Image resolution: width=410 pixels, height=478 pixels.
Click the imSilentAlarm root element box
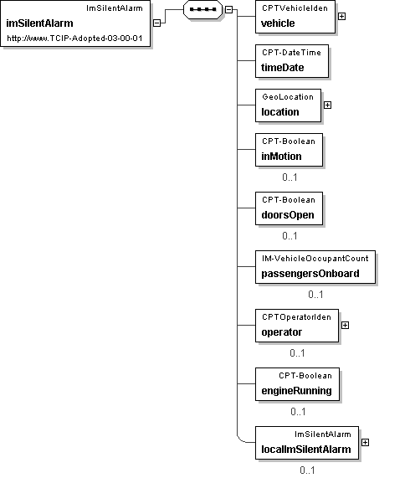(x=75, y=23)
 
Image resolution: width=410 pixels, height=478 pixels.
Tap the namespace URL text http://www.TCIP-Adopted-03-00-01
(x=74, y=39)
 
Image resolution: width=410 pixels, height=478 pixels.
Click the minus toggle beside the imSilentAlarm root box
(x=156, y=23)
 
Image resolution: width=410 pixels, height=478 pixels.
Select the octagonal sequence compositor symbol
(x=202, y=9)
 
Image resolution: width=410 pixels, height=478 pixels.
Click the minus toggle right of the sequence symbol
(x=228, y=9)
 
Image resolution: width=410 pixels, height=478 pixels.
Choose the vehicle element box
(x=295, y=17)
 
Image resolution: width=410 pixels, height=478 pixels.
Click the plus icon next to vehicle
(x=341, y=17)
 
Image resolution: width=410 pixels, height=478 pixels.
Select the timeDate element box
(x=292, y=61)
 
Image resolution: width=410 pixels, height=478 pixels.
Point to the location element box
(x=288, y=105)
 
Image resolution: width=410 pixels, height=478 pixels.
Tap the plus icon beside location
(x=327, y=105)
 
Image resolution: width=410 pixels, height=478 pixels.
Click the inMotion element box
(x=289, y=150)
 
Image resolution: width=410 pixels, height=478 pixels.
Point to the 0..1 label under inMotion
(x=290, y=177)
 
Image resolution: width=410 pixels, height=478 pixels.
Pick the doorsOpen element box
(x=289, y=208)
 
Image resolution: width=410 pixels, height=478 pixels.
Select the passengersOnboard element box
(x=315, y=267)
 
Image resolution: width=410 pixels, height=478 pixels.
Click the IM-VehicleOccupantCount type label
(x=315, y=259)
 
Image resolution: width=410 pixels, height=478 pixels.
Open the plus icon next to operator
(x=345, y=326)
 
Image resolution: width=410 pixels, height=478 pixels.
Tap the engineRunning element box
(x=297, y=384)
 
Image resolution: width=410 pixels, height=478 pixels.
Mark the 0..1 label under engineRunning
(x=298, y=412)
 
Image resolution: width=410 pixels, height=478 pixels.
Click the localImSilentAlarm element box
(x=307, y=443)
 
